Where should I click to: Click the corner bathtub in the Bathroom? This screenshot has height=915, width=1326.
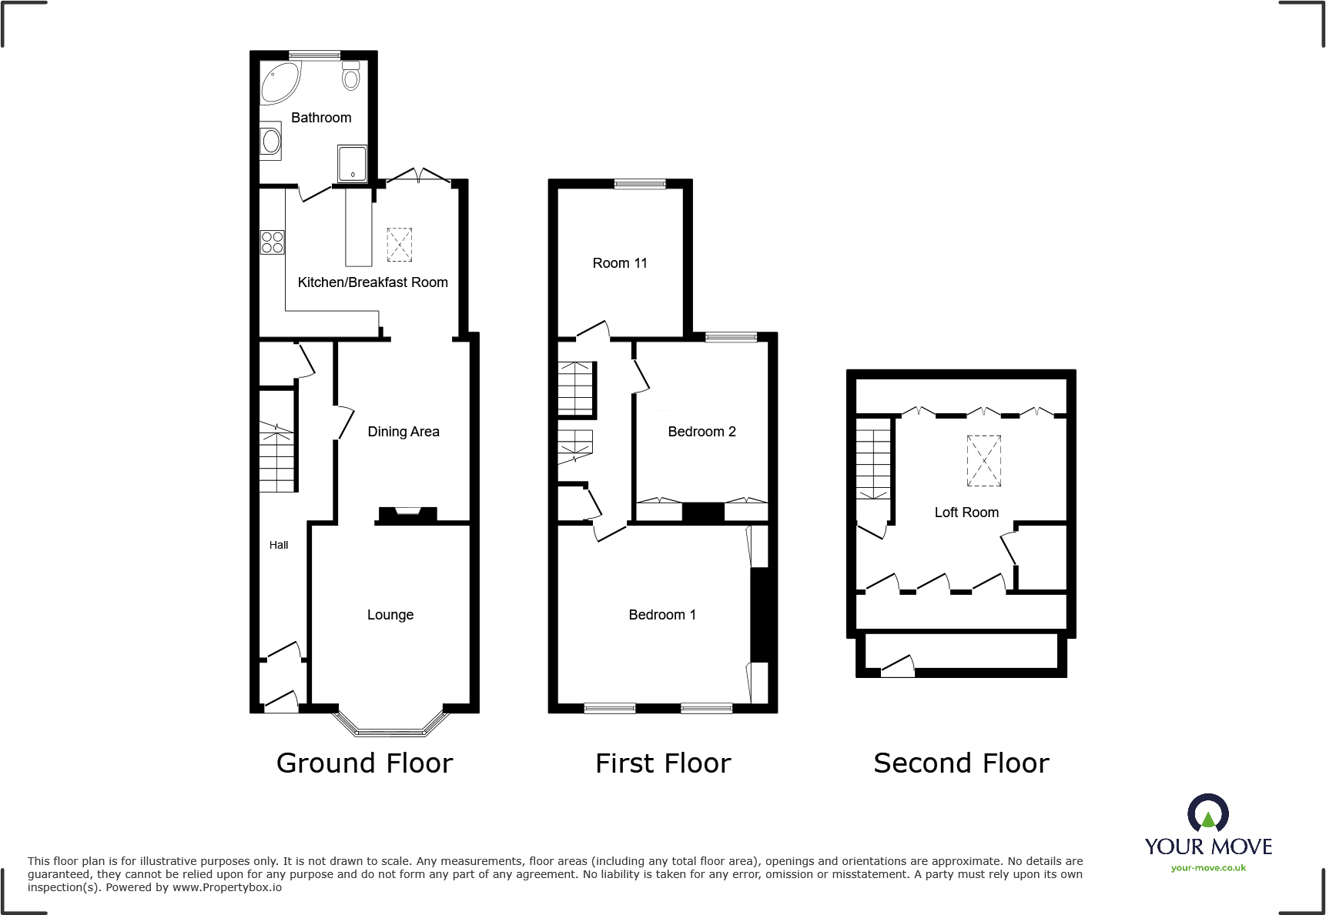(x=279, y=82)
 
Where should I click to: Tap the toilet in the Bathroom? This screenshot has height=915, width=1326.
(x=351, y=75)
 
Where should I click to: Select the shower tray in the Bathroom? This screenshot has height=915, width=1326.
(x=352, y=163)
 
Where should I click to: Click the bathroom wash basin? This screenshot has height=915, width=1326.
(x=270, y=141)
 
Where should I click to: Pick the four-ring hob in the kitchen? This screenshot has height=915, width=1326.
(x=272, y=242)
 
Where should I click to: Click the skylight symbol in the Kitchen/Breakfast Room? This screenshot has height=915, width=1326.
(x=399, y=245)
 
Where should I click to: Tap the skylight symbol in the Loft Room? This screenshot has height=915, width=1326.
(x=983, y=460)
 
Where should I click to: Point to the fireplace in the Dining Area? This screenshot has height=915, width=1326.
(x=407, y=514)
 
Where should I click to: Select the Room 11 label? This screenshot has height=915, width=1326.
(x=619, y=263)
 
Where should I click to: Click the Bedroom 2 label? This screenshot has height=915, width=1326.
(x=701, y=432)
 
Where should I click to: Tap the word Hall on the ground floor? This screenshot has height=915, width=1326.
(x=279, y=545)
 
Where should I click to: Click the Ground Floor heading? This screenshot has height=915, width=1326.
(x=364, y=763)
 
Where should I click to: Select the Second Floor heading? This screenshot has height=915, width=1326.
(x=960, y=763)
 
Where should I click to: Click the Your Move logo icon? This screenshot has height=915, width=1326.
(x=1207, y=813)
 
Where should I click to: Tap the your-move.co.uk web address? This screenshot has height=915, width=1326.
(x=1207, y=868)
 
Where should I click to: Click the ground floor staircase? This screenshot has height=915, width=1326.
(x=276, y=458)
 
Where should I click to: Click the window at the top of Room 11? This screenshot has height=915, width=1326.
(x=639, y=184)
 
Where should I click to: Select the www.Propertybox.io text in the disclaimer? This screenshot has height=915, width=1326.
(x=226, y=887)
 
